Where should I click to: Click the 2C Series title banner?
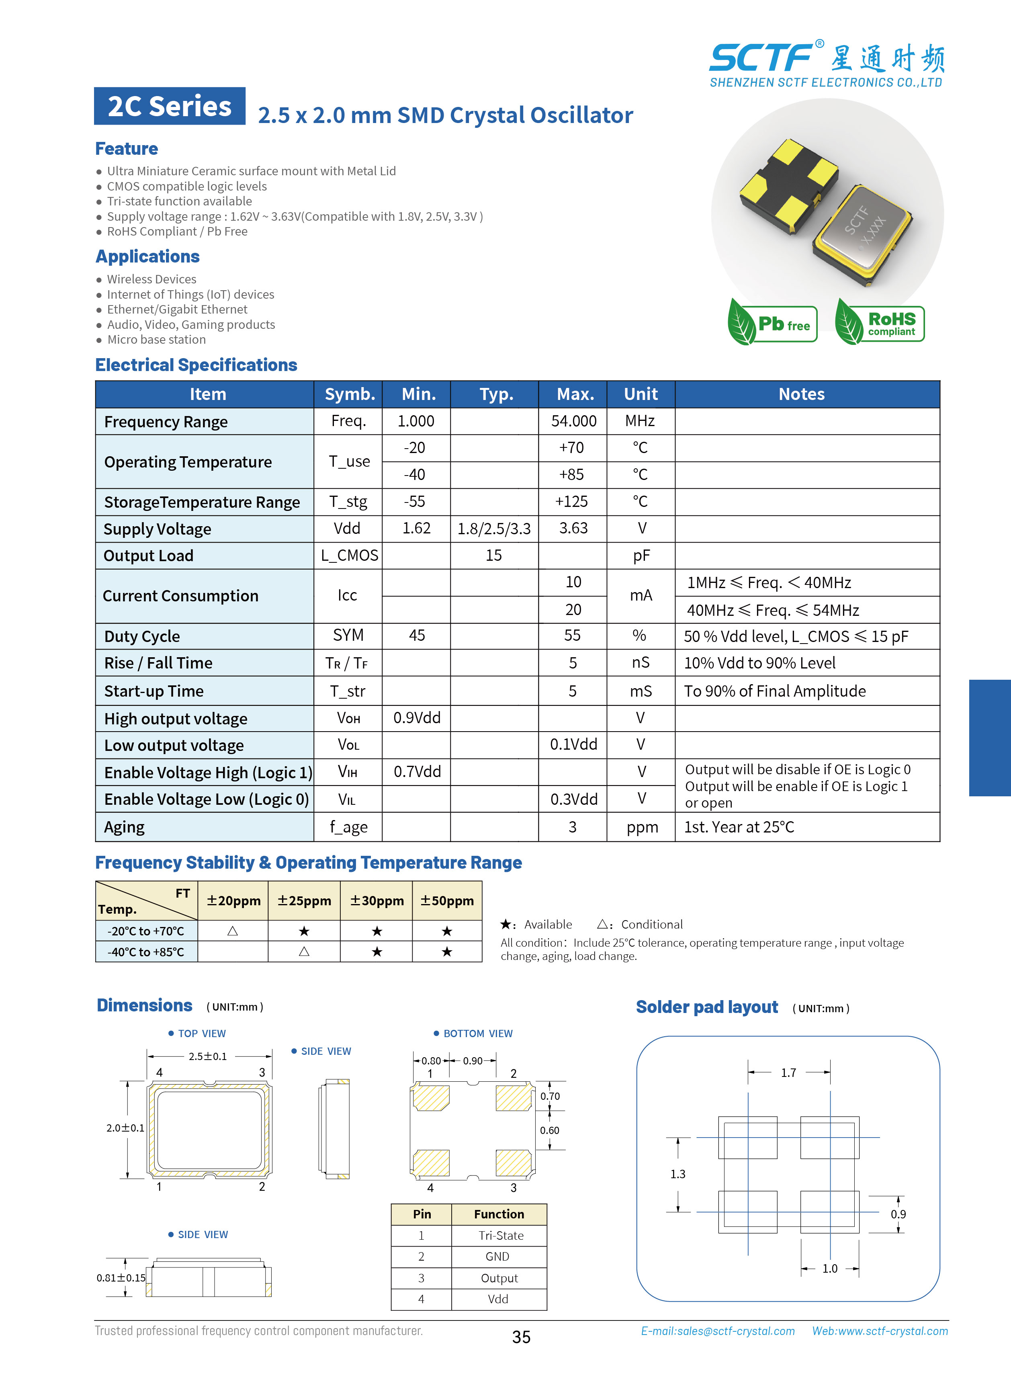pos(170,107)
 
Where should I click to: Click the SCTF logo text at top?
pos(761,58)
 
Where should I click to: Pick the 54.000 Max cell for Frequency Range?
pos(573,421)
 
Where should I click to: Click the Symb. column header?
pos(349,394)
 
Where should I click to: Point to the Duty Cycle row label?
pos(142,636)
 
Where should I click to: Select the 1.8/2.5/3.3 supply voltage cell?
pos(494,529)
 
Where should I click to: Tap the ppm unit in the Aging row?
pos(642,828)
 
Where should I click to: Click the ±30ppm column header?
pos(377,901)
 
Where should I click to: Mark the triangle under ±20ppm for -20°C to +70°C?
pos(233,931)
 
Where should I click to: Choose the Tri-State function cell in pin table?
pos(501,1236)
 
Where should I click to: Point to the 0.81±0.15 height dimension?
pos(121,1278)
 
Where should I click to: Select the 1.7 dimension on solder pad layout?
pos(788,1073)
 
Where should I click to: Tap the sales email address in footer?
pos(717,1331)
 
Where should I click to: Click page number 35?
pos(521,1337)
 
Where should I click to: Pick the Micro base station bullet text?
pos(157,340)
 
